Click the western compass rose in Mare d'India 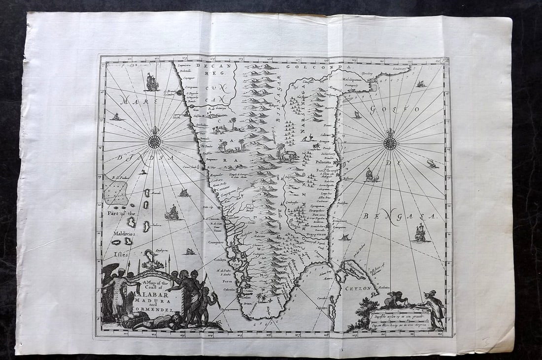click(154, 141)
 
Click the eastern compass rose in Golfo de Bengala click(390, 142)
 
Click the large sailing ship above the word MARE click(151, 82)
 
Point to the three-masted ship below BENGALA click(420, 232)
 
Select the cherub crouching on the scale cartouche click(394, 299)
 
